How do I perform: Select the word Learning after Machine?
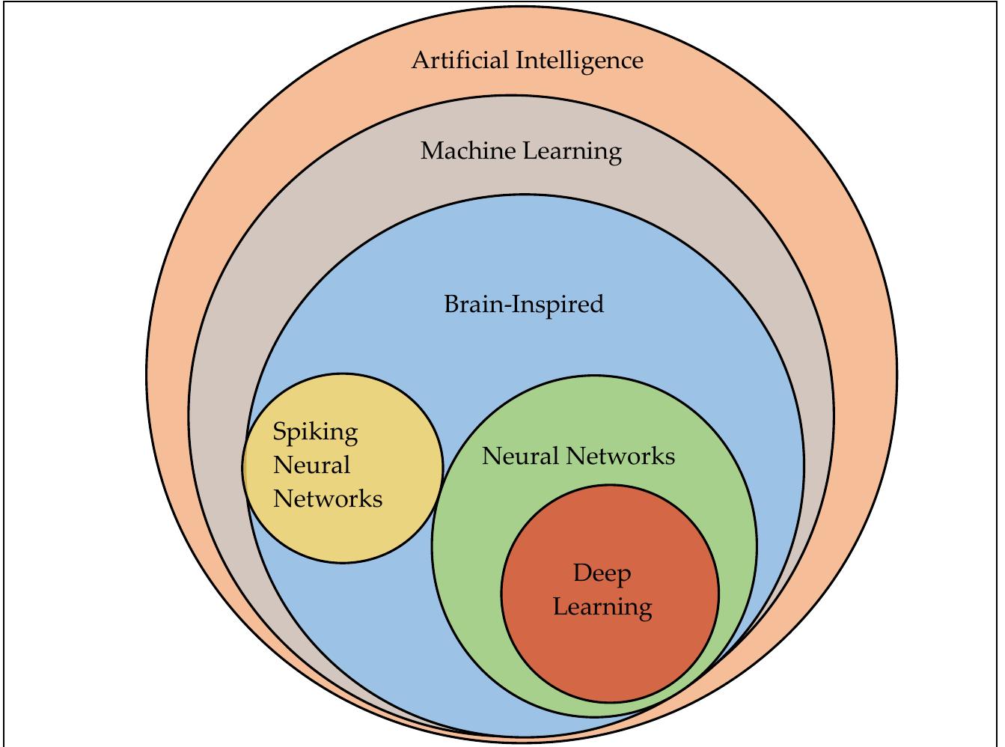(x=572, y=152)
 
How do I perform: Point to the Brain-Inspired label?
(x=524, y=305)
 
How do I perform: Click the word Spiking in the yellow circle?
(x=315, y=433)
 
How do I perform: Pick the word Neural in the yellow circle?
(x=311, y=465)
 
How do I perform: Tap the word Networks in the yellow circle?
(x=328, y=498)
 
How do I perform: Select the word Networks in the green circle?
(x=620, y=456)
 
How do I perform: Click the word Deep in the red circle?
(x=602, y=574)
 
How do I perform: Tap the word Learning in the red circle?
(x=602, y=607)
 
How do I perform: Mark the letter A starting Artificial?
(x=421, y=60)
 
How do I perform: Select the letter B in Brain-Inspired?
(x=451, y=304)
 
